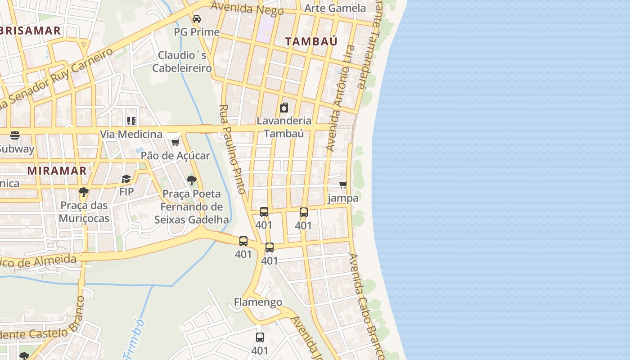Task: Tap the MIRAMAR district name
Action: [57, 171]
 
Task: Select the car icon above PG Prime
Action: [197, 19]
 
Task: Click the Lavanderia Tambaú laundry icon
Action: [284, 108]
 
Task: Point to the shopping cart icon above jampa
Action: [343, 184]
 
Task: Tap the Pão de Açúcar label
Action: [175, 156]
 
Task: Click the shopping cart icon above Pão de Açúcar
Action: [175, 143]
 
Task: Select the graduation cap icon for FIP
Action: [126, 179]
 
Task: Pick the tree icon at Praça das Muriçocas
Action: [84, 192]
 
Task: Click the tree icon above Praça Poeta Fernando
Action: [192, 181]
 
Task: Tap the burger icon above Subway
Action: [15, 135]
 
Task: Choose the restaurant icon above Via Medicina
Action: [131, 121]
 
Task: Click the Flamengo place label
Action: [258, 302]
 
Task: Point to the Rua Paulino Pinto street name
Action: [232, 149]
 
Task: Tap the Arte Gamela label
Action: [335, 8]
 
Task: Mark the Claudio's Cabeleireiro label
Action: [182, 62]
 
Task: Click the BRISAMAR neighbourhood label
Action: [31, 31]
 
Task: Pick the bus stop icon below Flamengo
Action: [260, 337]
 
